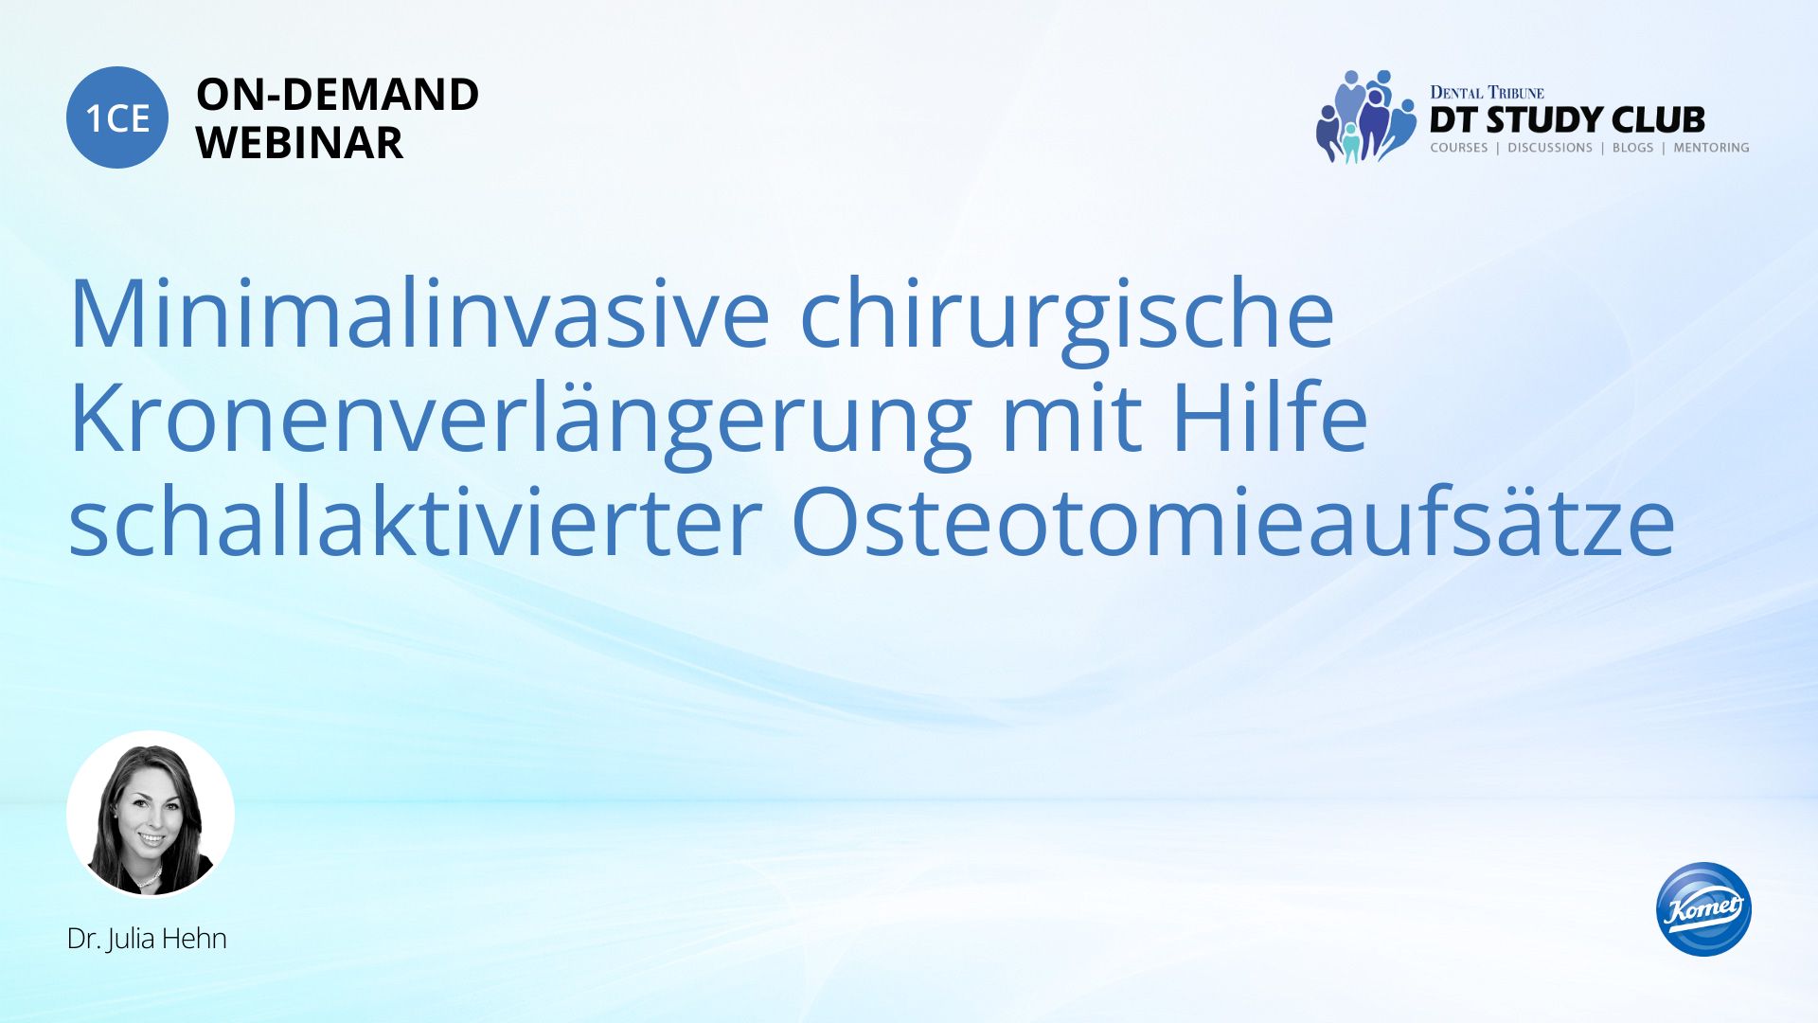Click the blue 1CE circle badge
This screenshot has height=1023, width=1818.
click(117, 117)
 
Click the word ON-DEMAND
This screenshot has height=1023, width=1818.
click(337, 95)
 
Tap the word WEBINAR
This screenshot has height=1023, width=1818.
click(299, 143)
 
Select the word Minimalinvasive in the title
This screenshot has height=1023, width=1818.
click(419, 314)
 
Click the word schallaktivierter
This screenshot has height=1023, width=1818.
click(416, 521)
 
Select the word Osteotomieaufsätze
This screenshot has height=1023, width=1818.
click(1233, 521)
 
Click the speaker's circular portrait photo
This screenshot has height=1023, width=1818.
click(151, 814)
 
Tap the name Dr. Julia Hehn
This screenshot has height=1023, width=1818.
click(147, 939)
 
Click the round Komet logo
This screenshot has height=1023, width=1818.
click(1703, 909)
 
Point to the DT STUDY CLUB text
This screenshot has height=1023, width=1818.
click(1567, 120)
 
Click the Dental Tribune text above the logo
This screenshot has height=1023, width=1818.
click(1487, 93)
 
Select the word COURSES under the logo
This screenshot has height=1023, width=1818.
click(1459, 148)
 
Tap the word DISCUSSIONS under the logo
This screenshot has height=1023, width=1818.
click(1550, 148)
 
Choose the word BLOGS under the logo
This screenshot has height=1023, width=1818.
click(1632, 148)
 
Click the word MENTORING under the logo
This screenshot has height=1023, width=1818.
click(1711, 148)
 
